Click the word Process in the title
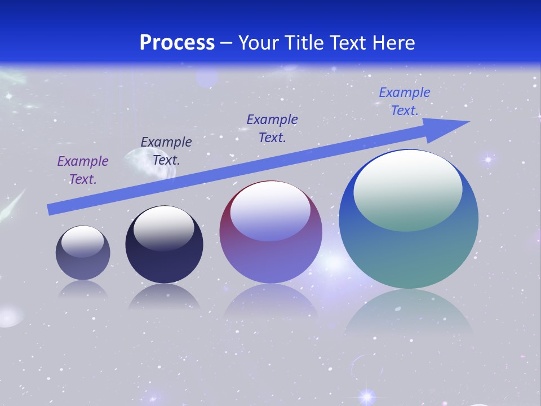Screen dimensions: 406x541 [177, 43]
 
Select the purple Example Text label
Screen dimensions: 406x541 [83, 170]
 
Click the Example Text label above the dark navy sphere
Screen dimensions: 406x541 [166, 151]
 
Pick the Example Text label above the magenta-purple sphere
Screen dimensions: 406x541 [272, 129]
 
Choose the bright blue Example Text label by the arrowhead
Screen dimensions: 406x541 [404, 101]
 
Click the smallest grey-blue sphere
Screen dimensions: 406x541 [83, 265]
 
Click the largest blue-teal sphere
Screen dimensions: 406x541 [409, 254]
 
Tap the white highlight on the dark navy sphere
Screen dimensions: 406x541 [164, 228]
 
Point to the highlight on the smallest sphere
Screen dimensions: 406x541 [83, 241]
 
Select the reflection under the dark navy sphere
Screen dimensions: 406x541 [164, 297]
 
